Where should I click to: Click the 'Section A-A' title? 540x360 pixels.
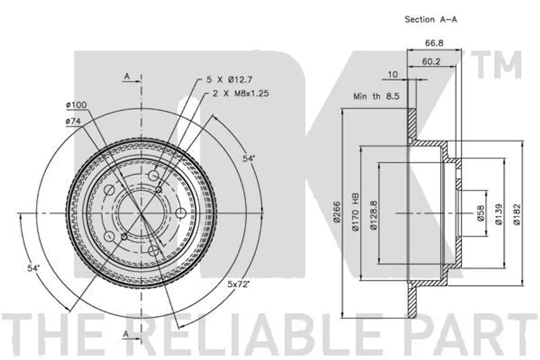[430, 20]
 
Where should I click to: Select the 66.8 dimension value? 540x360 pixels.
[434, 43]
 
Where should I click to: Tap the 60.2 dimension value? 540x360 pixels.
[431, 62]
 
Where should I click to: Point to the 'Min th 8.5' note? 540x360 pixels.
[376, 96]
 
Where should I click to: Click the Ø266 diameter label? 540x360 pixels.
[336, 212]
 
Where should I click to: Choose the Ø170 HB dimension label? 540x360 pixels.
[355, 212]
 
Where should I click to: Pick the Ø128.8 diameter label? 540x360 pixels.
[374, 216]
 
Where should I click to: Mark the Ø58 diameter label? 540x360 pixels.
[480, 213]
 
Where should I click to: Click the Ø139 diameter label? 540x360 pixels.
[499, 214]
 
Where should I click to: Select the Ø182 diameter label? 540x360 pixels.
[517, 214]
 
